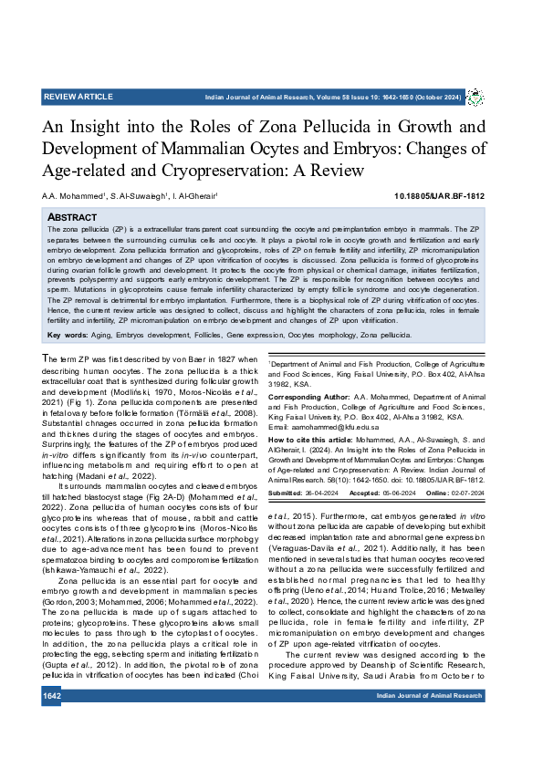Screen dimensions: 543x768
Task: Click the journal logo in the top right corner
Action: point(475,98)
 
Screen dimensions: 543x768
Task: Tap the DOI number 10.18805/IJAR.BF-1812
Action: point(439,196)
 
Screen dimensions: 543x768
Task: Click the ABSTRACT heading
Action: point(70,217)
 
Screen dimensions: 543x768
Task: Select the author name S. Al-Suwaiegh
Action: point(138,196)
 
